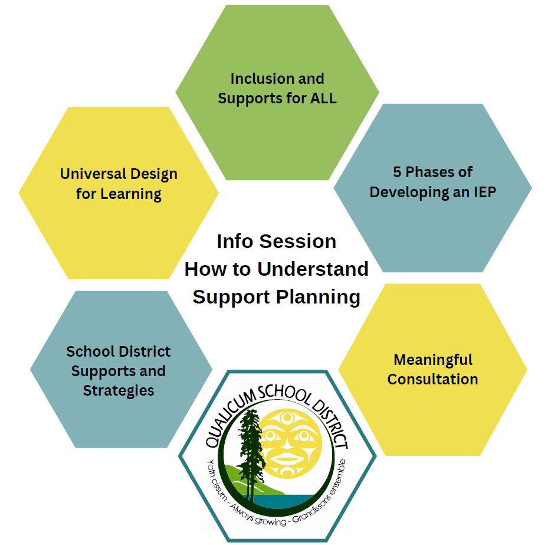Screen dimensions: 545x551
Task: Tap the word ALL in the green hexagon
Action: pyautogui.click(x=323, y=98)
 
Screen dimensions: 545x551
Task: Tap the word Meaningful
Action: pyautogui.click(x=433, y=360)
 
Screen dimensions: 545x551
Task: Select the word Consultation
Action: pyautogui.click(x=433, y=379)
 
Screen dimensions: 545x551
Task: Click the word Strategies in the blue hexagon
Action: pyautogui.click(x=119, y=390)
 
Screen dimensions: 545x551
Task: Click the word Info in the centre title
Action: pyautogui.click(x=235, y=242)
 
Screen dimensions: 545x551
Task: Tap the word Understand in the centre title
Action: pyautogui.click(x=313, y=269)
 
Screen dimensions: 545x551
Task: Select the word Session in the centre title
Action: pyautogui.click(x=298, y=242)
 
